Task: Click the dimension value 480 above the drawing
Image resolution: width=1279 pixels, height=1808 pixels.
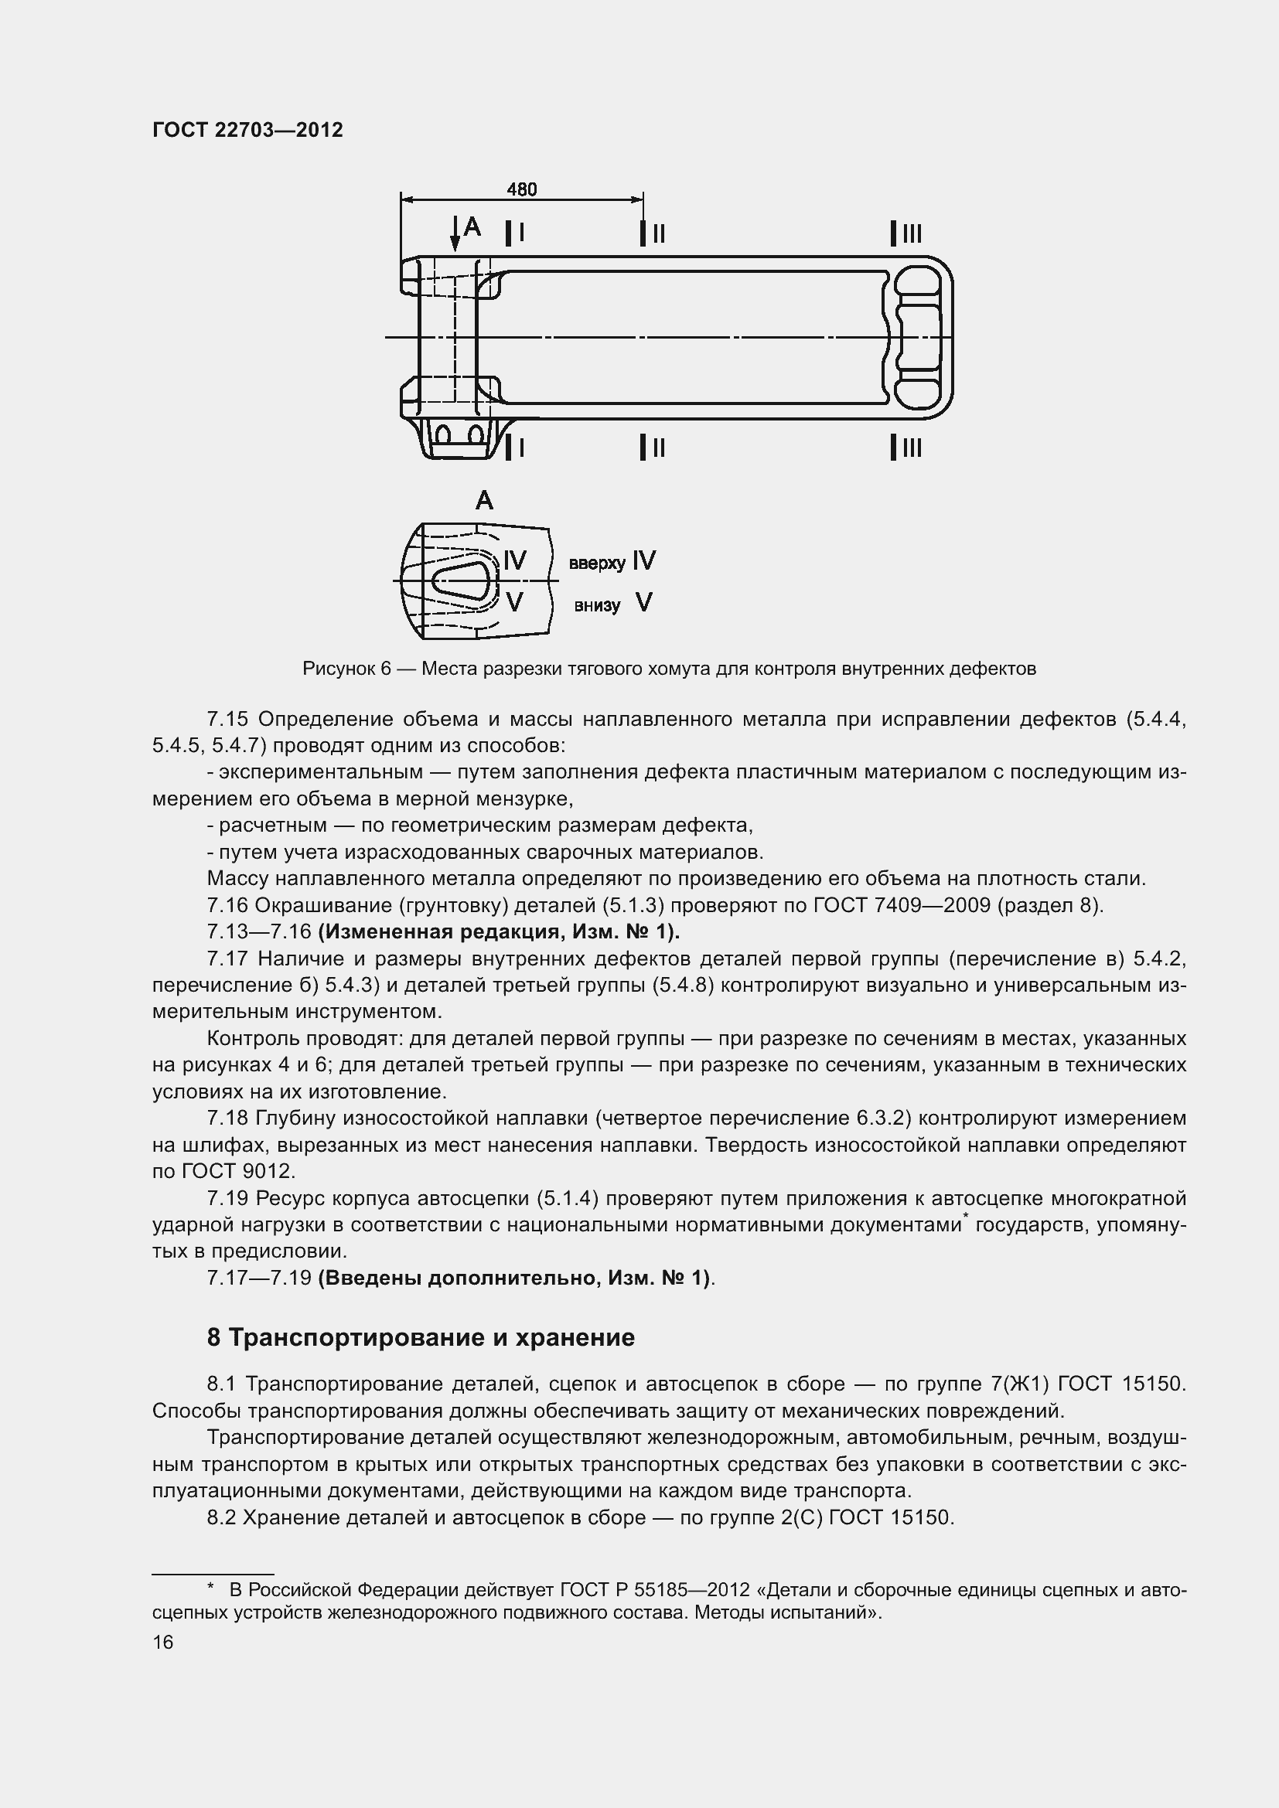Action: (x=521, y=190)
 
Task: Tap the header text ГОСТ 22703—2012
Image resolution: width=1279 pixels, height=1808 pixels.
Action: (x=247, y=131)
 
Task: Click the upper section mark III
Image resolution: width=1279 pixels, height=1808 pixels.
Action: (x=906, y=234)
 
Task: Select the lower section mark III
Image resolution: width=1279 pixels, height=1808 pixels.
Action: (x=906, y=448)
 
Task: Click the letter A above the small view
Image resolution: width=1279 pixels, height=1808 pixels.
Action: (x=484, y=500)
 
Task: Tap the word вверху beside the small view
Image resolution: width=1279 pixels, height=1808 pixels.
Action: (x=597, y=563)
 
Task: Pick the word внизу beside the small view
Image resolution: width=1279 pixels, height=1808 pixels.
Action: (x=597, y=605)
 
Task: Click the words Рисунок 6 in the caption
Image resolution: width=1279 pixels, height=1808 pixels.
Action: (x=346, y=669)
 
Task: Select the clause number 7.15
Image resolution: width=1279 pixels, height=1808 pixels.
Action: (x=227, y=719)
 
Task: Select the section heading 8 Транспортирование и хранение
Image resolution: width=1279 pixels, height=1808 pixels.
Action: (x=421, y=1337)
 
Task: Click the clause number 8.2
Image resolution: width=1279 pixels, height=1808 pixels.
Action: (x=221, y=1517)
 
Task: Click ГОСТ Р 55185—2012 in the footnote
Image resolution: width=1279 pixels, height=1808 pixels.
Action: (x=653, y=1591)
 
